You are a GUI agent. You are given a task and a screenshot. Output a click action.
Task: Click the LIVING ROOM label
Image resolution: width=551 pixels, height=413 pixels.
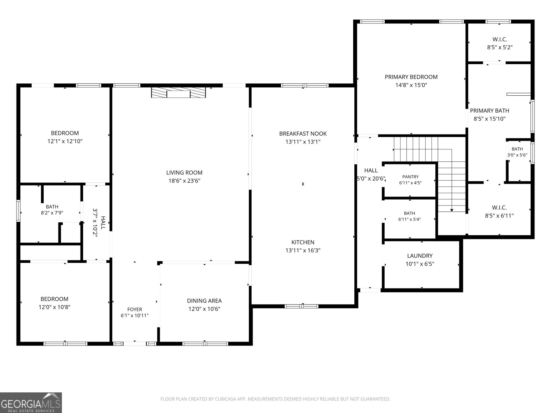(184, 172)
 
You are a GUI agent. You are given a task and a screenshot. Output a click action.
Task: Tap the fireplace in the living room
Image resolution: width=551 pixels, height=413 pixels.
(178, 92)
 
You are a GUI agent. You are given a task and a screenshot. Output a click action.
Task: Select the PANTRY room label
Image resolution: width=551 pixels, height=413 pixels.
(410, 177)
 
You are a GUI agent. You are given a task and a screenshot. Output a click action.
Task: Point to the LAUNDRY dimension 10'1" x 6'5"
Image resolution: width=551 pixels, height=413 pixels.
(420, 264)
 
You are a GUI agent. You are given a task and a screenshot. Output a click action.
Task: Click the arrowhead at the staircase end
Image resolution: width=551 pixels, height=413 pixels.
(451, 210)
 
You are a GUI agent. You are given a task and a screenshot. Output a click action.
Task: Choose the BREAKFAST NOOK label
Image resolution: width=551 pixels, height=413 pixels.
(303, 134)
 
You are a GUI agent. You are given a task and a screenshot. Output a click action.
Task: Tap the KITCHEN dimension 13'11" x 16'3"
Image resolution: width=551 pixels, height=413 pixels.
(303, 250)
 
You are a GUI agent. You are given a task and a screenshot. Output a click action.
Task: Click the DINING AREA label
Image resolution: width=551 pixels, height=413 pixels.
(204, 301)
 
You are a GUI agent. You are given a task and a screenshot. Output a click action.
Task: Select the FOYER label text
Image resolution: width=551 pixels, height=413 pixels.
(135, 309)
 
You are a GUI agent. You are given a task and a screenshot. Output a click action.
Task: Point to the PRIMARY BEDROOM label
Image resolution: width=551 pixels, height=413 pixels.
(411, 77)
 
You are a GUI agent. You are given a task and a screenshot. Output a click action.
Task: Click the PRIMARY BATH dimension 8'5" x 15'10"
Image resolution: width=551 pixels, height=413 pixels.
(489, 119)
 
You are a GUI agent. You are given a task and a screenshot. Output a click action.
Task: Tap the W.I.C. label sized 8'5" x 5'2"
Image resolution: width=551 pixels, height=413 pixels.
(500, 39)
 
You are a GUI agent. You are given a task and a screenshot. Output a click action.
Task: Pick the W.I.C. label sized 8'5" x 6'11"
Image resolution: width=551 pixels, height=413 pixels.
(499, 208)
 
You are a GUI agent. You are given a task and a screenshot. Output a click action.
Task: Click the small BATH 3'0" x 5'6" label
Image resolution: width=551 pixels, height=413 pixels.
(517, 149)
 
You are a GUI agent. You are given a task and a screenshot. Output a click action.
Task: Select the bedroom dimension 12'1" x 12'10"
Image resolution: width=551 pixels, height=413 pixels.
(65, 141)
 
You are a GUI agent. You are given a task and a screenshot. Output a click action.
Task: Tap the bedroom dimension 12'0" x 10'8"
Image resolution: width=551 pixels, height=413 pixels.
(54, 307)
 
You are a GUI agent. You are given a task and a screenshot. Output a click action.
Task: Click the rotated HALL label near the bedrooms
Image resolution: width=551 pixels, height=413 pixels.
(103, 223)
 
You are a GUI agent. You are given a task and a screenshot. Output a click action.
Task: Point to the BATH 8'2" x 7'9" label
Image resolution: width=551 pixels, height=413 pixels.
(52, 207)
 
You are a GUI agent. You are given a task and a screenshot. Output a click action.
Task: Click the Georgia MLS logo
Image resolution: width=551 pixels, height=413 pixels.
(31, 402)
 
